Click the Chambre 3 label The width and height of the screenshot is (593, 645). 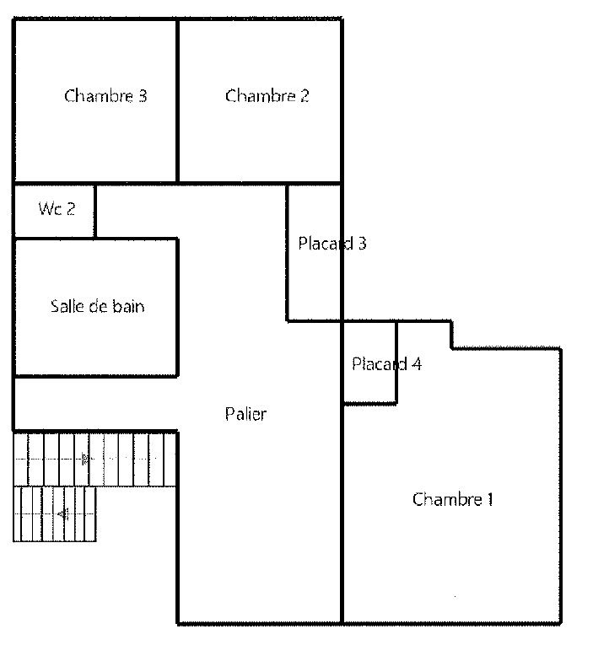[105, 95]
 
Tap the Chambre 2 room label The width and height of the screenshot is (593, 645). [267, 95]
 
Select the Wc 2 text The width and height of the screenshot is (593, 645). [57, 208]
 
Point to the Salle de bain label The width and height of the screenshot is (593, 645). [98, 306]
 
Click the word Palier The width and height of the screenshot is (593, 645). [245, 413]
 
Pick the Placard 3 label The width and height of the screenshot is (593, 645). [332, 243]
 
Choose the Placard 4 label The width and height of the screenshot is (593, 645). [386, 363]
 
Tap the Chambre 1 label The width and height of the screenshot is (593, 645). [452, 499]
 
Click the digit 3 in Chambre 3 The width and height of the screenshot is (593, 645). [143, 96]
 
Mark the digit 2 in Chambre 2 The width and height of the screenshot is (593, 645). [305, 96]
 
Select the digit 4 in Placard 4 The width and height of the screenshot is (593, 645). [417, 364]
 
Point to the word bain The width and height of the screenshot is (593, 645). [128, 306]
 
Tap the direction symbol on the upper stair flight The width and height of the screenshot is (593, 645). [84, 459]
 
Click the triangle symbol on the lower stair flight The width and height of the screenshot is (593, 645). [63, 513]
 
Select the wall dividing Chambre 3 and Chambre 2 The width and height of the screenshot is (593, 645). [177, 101]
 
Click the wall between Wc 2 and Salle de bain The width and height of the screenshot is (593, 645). [55, 238]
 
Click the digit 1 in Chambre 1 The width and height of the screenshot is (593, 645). [490, 499]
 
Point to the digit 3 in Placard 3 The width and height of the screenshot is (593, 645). [362, 244]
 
